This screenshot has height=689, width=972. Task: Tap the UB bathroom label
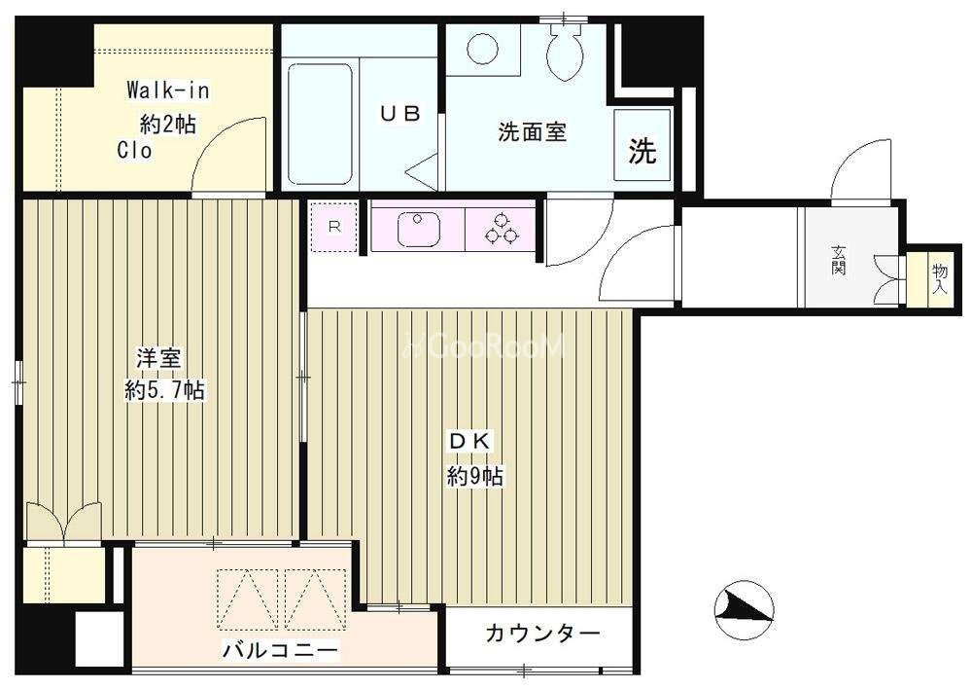[400, 114]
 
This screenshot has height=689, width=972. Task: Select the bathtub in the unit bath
[320, 124]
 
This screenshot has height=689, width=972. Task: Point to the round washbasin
[483, 49]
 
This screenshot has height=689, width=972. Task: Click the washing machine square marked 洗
[642, 145]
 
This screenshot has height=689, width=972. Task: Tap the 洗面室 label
[533, 132]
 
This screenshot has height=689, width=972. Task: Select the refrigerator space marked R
[334, 227]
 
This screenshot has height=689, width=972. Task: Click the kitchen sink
[418, 228]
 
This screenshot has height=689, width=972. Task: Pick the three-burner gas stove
[501, 229]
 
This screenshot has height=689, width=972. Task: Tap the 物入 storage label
[940, 278]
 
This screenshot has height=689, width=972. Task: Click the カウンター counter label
[543, 634]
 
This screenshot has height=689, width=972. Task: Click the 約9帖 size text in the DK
[476, 476]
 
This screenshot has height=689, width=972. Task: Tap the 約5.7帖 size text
[165, 390]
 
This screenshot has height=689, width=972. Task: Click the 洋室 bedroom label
[158, 359]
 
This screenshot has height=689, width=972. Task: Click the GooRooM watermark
[484, 346]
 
